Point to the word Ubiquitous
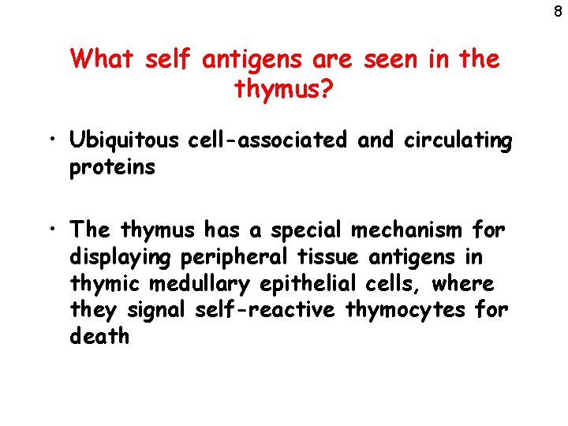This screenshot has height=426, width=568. coord(125,141)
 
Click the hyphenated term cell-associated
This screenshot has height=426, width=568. coord(267,140)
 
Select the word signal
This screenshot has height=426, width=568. coord(155,310)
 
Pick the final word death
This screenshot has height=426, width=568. coord(100,336)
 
